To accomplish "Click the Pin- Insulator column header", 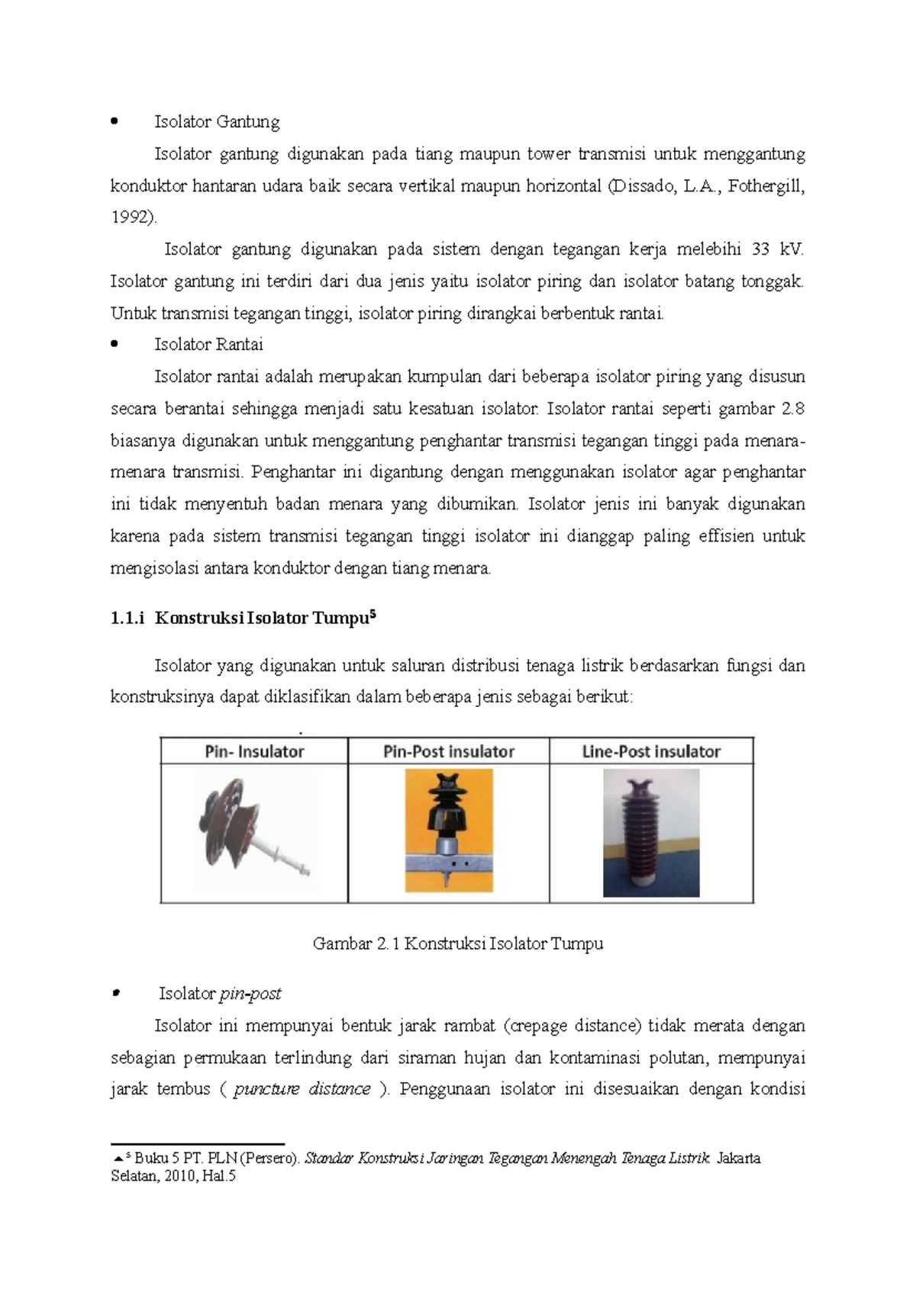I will [254, 752].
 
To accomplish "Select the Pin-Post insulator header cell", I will [449, 752].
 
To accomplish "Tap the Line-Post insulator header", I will [651, 752].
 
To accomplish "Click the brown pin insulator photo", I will [254, 830].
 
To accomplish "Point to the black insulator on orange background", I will [449, 830].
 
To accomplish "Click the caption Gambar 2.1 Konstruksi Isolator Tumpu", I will [458, 944].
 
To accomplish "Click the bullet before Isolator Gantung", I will [114, 121].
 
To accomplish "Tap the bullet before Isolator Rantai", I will [114, 345].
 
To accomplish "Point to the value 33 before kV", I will [760, 249].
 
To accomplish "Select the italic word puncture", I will [266, 1089].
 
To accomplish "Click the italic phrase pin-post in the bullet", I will [250, 994].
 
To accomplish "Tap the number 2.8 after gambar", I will [794, 409].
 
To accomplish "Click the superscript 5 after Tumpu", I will [373, 614].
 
